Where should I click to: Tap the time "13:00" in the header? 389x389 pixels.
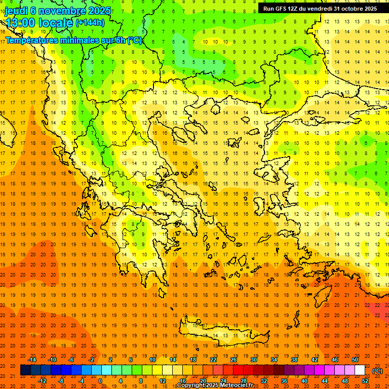point(20,23)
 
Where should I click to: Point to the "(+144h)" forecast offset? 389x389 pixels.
point(90,23)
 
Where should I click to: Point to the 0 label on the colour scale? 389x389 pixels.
point(100,380)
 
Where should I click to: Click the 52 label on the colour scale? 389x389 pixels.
point(365,380)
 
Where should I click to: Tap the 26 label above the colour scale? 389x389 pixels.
point(234,360)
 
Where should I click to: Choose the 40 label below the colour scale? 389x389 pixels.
point(304,380)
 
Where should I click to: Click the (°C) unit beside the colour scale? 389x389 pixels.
point(377,371)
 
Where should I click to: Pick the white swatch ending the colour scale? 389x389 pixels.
point(360,370)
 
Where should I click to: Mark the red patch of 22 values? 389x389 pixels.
point(377,307)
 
